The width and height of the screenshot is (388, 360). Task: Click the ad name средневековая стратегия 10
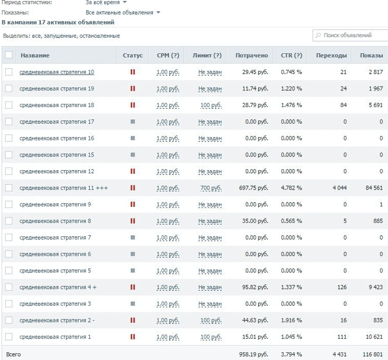pos(57,72)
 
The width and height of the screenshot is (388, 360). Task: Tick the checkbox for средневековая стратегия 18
pos(9,105)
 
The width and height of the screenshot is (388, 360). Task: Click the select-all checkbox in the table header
pos(9,55)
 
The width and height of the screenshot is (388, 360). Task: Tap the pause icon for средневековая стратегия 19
pos(132,88)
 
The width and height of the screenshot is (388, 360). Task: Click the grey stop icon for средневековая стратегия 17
pos(132,121)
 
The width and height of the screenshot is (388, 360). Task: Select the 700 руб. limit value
pos(211,188)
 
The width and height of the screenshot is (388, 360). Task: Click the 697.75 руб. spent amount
pos(253,188)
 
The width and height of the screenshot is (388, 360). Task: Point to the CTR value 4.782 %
pos(291,188)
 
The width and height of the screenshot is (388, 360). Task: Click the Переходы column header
pos(331,55)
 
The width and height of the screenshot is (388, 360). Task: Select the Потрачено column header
pos(252,55)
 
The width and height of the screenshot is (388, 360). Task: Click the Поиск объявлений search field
pos(350,36)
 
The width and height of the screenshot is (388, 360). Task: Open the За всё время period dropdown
pos(106,2)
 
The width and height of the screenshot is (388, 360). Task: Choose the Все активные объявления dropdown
pos(122,13)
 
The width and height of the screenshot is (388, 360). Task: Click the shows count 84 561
pos(374,188)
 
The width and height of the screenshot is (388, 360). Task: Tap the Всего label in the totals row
pos(13,354)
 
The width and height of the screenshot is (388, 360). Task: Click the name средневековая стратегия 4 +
pos(58,287)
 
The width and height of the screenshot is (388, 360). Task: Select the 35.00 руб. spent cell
pos(255,221)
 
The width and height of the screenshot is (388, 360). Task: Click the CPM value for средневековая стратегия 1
pos(168,337)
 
